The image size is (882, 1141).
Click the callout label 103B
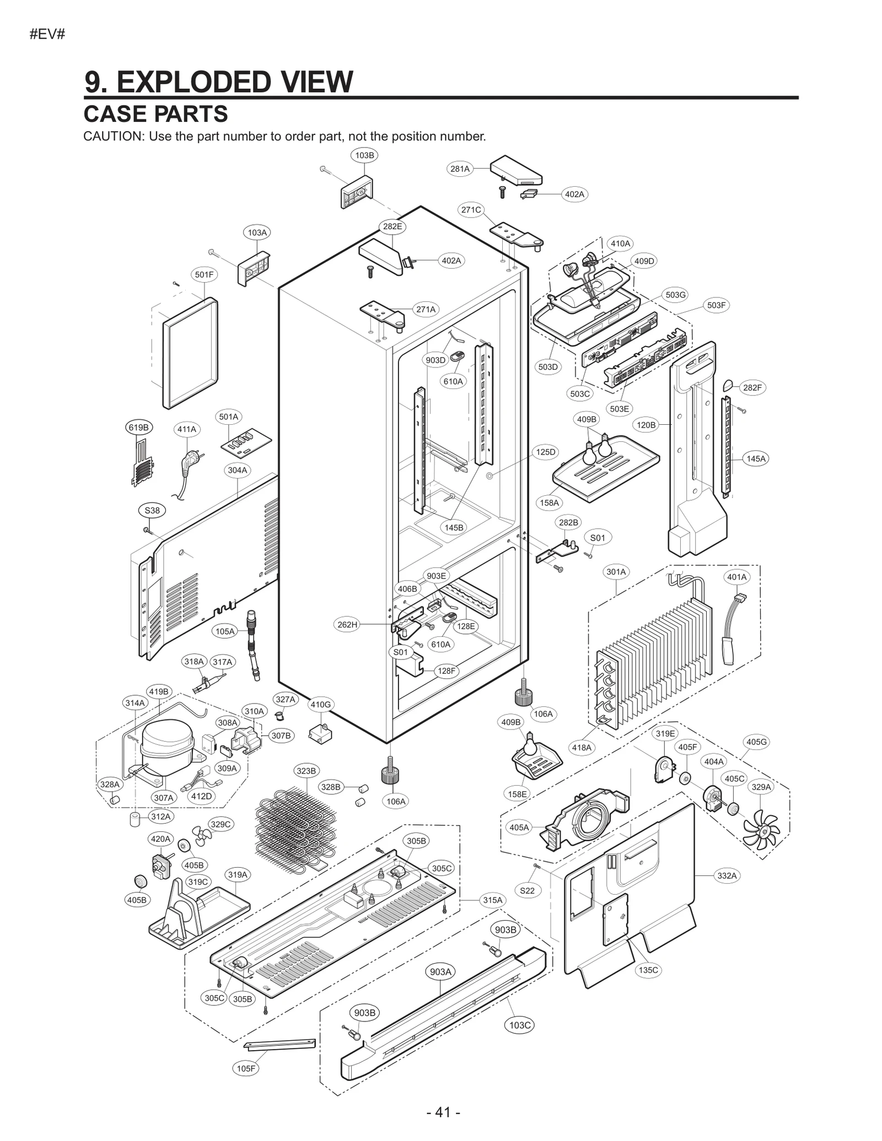pyautogui.click(x=364, y=155)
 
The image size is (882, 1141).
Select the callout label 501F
pyautogui.click(x=204, y=274)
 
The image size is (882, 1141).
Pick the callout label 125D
pyautogui.click(x=546, y=452)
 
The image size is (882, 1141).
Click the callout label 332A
pyautogui.click(x=727, y=875)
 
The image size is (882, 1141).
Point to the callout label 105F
pyautogui.click(x=246, y=1068)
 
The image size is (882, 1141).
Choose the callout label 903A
pyautogui.click(x=440, y=971)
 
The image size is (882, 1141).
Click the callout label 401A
pyautogui.click(x=736, y=577)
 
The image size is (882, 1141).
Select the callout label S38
pyautogui.click(x=152, y=510)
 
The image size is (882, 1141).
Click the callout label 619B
pyautogui.click(x=138, y=427)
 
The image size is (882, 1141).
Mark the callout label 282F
pyautogui.click(x=752, y=387)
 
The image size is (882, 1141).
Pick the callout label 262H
pyautogui.click(x=347, y=624)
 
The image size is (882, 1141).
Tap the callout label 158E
pyautogui.click(x=518, y=793)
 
